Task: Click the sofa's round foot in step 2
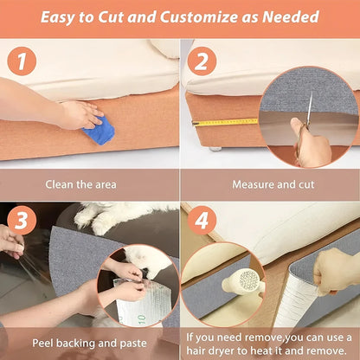214,148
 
